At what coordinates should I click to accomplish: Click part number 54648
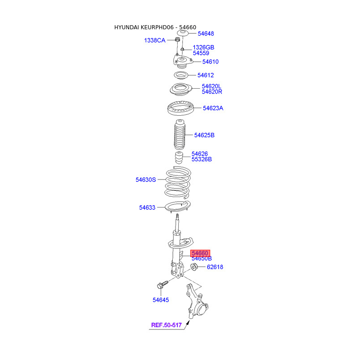pyautogui.click(x=206, y=34)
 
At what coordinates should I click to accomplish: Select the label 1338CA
pyautogui.click(x=155, y=40)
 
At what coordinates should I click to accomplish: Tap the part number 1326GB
pyautogui.click(x=203, y=47)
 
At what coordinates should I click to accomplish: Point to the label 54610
pyautogui.click(x=210, y=62)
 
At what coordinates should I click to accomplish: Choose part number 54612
pyautogui.click(x=205, y=75)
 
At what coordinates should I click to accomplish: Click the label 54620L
pyautogui.click(x=211, y=86)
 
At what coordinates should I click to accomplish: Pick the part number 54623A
pyautogui.click(x=213, y=108)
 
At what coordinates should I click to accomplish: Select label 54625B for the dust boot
pyautogui.click(x=204, y=135)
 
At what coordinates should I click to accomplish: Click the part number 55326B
pyautogui.click(x=202, y=159)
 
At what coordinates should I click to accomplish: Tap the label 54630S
pyautogui.click(x=146, y=180)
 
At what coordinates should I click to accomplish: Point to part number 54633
pyautogui.click(x=147, y=207)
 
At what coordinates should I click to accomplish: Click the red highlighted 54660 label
pyautogui.click(x=200, y=254)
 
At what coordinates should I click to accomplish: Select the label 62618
pyautogui.click(x=215, y=267)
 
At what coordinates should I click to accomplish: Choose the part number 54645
pyautogui.click(x=161, y=300)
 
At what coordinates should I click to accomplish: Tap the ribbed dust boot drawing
pyautogui.click(x=178, y=136)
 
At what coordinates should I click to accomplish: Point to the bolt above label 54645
pyautogui.click(x=161, y=284)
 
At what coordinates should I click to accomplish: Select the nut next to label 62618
pyautogui.click(x=194, y=267)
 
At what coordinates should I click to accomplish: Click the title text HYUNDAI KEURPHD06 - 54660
pyautogui.click(x=155, y=27)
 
